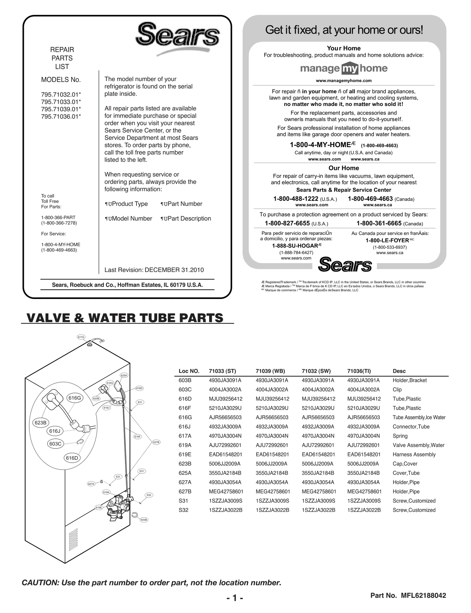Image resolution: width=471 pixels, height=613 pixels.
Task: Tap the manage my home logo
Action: pos(344,69)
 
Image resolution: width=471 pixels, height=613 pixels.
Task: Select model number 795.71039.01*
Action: pos(61,109)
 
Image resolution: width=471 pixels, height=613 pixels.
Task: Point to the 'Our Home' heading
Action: pos(344,168)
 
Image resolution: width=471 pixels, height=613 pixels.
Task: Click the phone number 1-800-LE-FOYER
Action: pos(387,240)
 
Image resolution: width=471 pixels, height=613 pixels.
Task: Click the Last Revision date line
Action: pos(154,270)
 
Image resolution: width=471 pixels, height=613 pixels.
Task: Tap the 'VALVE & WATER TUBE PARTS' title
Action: pos(125,318)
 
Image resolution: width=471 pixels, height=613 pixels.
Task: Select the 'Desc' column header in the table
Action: pos(399,371)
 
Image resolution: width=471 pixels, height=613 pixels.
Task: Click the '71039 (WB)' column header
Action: pos(270,371)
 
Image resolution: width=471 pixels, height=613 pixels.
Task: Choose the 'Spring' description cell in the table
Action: pos(400,436)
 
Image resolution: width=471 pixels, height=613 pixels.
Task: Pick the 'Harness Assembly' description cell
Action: pos(414,454)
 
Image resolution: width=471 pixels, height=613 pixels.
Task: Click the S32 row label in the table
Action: pos(183,510)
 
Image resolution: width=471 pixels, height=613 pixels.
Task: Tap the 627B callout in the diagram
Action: pos(156,442)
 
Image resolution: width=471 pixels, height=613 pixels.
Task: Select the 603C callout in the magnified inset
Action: pos(55,443)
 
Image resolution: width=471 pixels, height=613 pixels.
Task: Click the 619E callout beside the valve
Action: pos(99,507)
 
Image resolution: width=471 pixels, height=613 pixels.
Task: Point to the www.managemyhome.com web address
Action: pos(344,81)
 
